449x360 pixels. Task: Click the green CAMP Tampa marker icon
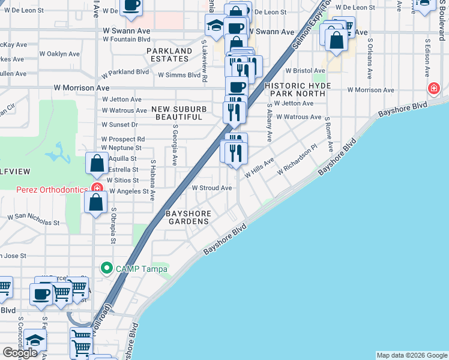click(107, 268)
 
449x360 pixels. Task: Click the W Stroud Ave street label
click(211, 188)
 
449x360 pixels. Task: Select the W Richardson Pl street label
click(297, 160)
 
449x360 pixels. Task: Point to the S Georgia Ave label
click(175, 145)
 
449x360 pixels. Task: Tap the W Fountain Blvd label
click(126, 39)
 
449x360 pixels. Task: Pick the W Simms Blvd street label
click(179, 75)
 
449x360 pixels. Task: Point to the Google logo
click(20, 353)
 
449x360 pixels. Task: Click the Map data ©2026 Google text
click(412, 355)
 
